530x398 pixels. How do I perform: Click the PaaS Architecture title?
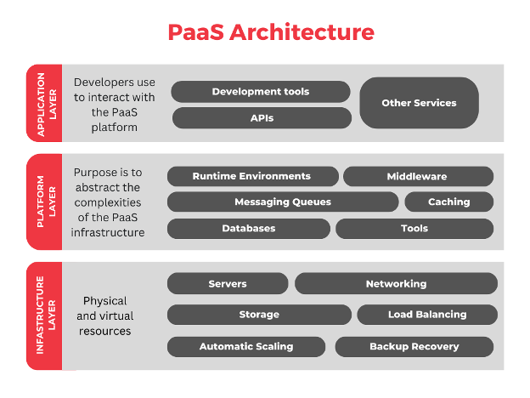point(270,32)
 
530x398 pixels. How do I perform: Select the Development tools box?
point(261,92)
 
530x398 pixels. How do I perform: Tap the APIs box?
point(262,118)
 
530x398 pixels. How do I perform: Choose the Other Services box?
point(419,103)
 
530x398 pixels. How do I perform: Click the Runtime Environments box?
point(252,176)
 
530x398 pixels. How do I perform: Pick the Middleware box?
point(417,176)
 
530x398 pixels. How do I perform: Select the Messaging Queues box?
point(283,202)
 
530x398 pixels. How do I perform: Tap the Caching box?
point(448,202)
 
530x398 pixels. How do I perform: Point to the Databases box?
point(249,228)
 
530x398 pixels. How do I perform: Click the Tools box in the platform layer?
point(414,228)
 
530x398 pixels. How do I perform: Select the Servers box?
point(228,283)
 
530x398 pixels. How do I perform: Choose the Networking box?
point(396,283)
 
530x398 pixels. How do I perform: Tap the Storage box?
point(259,315)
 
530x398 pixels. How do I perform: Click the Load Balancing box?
point(427,315)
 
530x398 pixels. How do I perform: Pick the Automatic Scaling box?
point(246,346)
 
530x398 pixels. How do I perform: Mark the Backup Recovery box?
point(414,346)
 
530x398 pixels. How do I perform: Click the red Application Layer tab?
point(42,103)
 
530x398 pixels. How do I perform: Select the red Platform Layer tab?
point(42,202)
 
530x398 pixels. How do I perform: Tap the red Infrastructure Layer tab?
point(42,316)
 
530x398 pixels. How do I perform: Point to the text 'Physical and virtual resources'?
point(104,316)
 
